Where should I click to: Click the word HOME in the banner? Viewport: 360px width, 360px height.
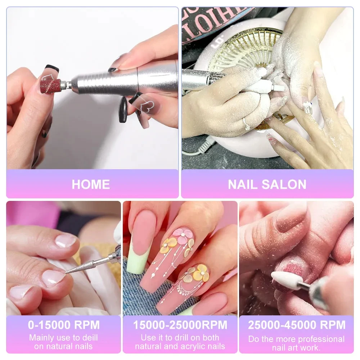(x=91, y=184)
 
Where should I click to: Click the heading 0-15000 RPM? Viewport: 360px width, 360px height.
(x=64, y=325)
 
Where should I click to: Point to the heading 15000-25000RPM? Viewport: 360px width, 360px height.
(x=180, y=325)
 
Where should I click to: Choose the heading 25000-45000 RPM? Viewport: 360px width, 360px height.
(x=296, y=325)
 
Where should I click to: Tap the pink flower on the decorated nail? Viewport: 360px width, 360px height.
(x=182, y=235)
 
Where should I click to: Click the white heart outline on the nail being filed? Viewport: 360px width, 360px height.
(x=47, y=77)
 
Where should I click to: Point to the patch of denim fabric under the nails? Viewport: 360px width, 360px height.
(x=135, y=288)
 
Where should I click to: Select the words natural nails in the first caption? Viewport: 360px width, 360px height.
(x=63, y=347)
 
